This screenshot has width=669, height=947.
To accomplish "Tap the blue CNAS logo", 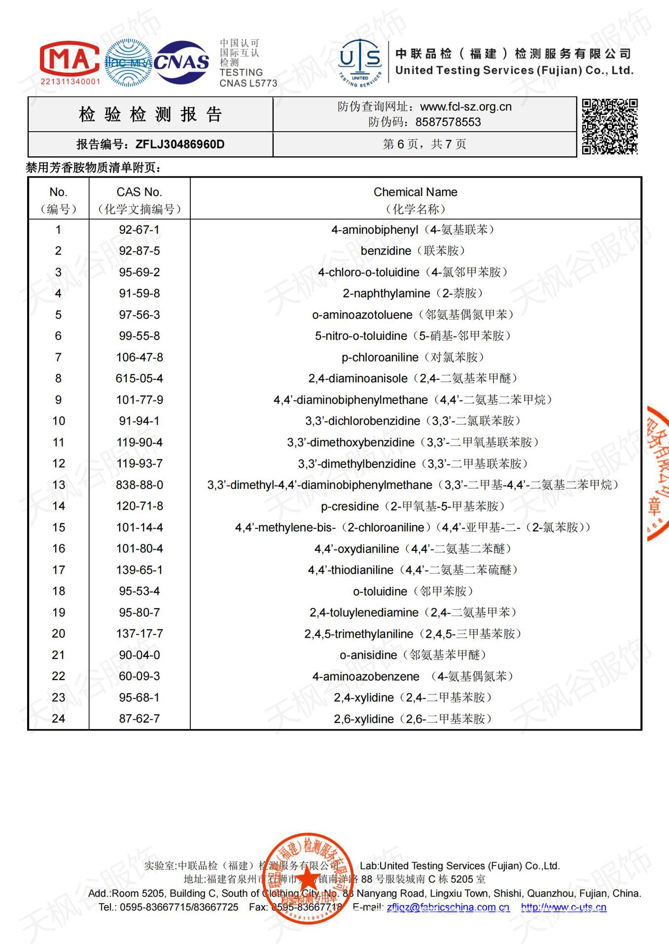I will click(x=181, y=62).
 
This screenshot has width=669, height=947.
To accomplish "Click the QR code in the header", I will click(x=609, y=126).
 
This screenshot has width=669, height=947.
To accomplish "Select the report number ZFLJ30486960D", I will click(x=180, y=145).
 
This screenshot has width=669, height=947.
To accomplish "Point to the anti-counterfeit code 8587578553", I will click(x=448, y=122).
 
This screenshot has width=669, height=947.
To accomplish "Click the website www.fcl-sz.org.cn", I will click(x=465, y=107).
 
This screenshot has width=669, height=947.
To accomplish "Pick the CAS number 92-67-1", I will click(x=139, y=230).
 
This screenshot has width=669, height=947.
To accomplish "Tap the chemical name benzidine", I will click(x=386, y=251).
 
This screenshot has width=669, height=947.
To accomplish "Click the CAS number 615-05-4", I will click(x=139, y=379).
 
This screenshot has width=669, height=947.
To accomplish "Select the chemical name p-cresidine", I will click(x=350, y=507).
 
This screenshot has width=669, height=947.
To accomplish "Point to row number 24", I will click(x=58, y=719).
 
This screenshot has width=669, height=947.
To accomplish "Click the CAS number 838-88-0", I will click(x=139, y=485).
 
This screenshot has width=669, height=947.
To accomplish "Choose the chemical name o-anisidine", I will click(x=368, y=656).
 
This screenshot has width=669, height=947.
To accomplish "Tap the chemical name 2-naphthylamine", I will click(x=386, y=293).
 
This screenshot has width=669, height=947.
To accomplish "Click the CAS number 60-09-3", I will click(x=139, y=676).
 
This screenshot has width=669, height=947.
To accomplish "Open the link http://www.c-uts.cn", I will click(x=563, y=907).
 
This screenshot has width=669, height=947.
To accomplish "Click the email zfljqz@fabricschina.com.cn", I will click(x=448, y=907).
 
